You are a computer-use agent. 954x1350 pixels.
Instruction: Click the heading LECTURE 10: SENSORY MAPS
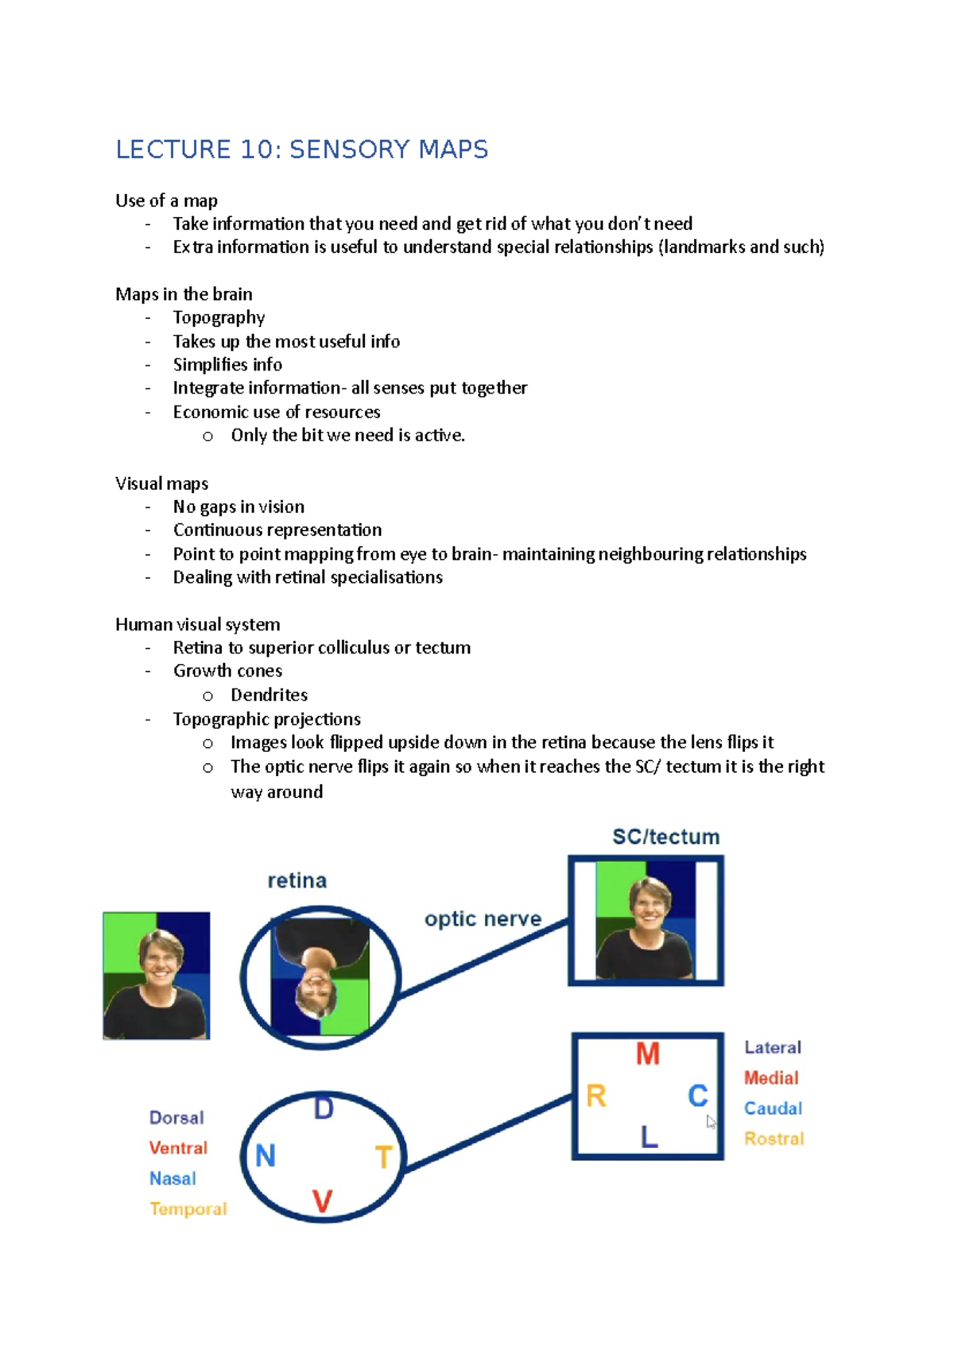coord(301,149)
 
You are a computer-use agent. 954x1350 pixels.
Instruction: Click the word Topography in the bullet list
coord(219,318)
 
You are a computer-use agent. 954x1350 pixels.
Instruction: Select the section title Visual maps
coord(161,483)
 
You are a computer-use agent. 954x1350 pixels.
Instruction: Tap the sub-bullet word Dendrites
coord(269,695)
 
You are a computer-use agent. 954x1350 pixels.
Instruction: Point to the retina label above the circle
coord(297,880)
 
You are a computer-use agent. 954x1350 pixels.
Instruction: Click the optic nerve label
coord(483,919)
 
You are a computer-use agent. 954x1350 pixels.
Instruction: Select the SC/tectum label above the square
coord(665,836)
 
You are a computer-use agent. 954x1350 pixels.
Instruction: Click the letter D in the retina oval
coord(324,1108)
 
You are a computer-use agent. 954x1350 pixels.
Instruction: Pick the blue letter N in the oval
coord(266,1155)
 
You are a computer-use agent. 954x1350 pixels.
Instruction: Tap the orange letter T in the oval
coord(383,1157)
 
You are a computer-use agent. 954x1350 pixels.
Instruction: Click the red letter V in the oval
coord(322,1201)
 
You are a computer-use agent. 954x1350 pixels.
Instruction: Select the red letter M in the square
coord(648,1054)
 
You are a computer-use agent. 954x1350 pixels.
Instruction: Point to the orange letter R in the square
coord(596,1096)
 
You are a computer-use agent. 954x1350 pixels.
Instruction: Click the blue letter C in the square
coord(697,1096)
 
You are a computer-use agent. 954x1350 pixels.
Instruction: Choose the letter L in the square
coord(649,1138)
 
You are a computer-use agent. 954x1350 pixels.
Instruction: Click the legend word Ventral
coord(178,1148)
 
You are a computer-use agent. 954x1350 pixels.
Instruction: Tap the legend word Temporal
coord(188,1208)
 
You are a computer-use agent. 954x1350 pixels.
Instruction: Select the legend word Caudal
coord(773,1108)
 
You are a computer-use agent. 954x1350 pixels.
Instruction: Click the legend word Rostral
coord(774,1139)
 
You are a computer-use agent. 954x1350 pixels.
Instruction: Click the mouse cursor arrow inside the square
coord(711,1122)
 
